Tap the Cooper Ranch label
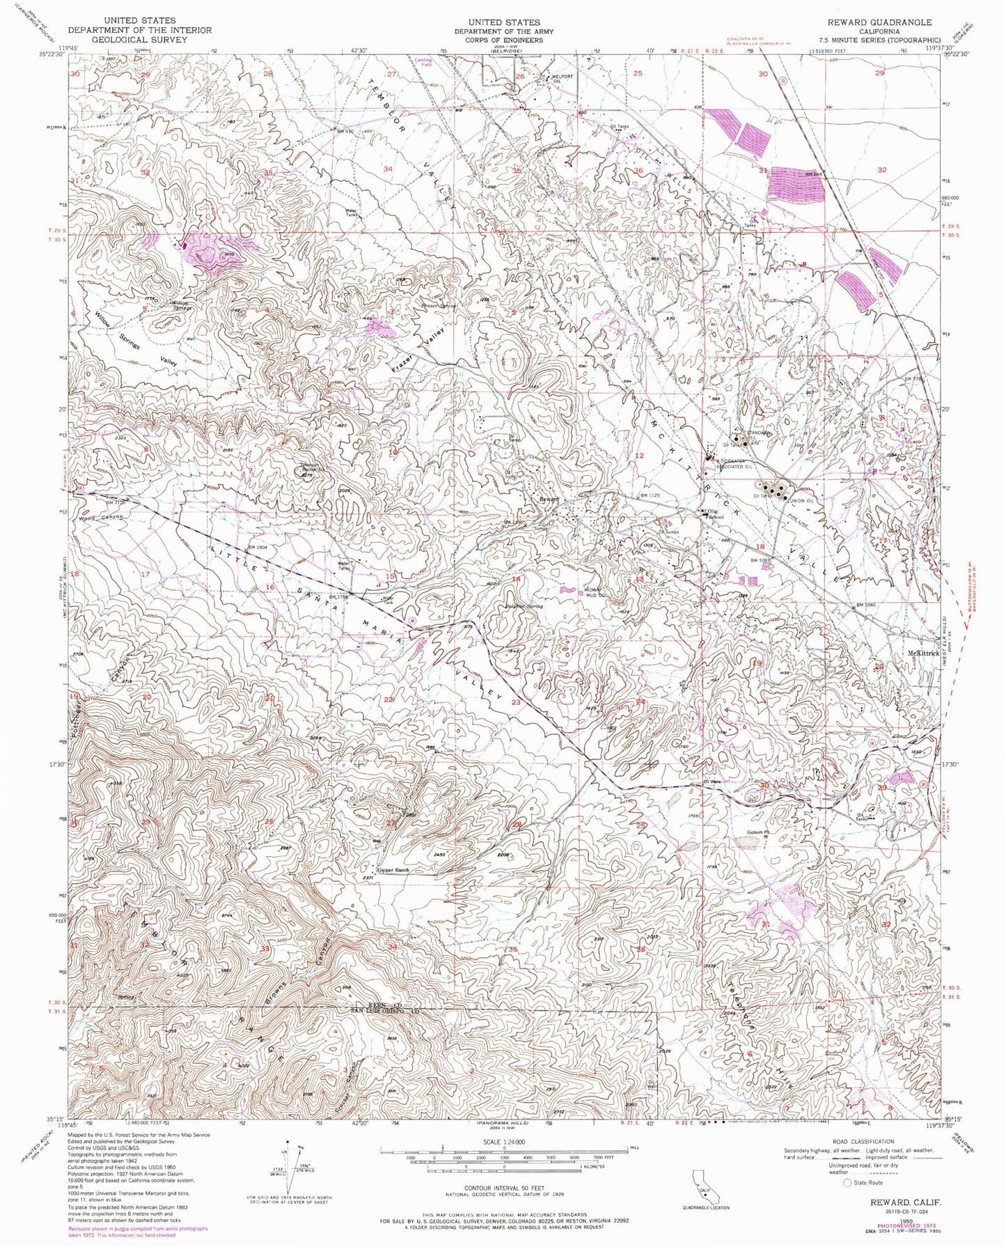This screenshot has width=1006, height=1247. (393, 870)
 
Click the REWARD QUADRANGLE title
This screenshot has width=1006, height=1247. (879, 22)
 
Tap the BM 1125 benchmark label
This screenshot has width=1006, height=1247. (650, 495)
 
